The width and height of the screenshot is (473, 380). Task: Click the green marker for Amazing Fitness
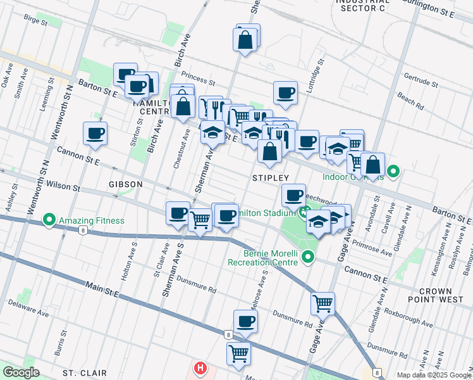click(49, 220)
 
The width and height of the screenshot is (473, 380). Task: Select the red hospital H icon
click(200, 367)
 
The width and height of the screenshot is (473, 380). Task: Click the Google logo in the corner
click(21, 372)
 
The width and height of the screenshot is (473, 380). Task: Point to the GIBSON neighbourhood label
click(125, 184)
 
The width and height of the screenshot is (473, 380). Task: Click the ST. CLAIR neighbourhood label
click(84, 373)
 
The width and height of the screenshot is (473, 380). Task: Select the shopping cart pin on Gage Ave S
click(322, 303)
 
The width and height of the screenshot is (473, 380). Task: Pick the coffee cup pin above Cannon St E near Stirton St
click(95, 133)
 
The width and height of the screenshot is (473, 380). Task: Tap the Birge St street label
click(35, 22)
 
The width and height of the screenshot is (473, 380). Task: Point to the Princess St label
click(202, 80)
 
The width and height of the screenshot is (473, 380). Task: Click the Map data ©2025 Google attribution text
click(433, 375)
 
